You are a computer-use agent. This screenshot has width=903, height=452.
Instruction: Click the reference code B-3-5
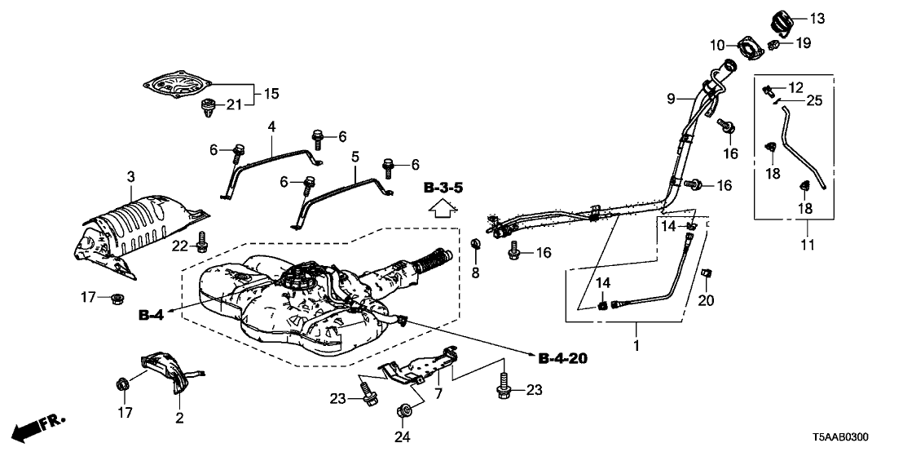click(x=443, y=188)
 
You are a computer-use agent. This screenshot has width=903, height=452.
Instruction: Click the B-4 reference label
click(x=152, y=314)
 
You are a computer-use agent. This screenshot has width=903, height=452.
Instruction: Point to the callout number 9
click(x=671, y=99)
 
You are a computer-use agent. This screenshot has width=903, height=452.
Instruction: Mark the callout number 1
click(x=637, y=346)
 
